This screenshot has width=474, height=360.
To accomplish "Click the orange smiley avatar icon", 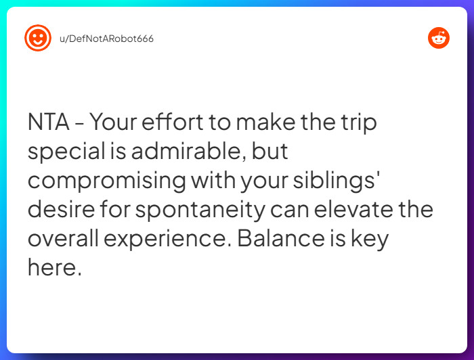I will click(x=38, y=38).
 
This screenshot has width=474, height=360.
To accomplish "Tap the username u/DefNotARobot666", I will click(x=107, y=39).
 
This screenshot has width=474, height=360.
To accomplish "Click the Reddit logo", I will click(x=439, y=38).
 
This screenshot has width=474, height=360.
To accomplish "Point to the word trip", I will click(x=357, y=122).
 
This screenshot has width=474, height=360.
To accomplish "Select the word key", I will click(x=369, y=239).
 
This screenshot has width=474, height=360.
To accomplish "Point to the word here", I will click(x=54, y=268).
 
